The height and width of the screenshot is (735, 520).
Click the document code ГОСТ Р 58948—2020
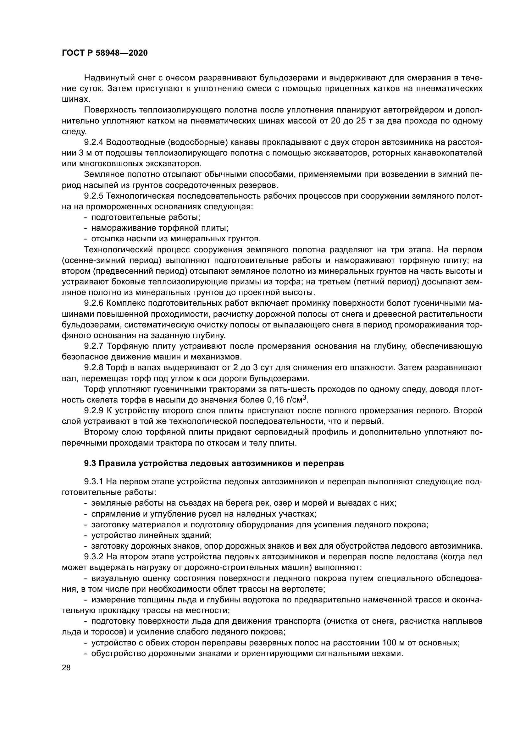point(104,53)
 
